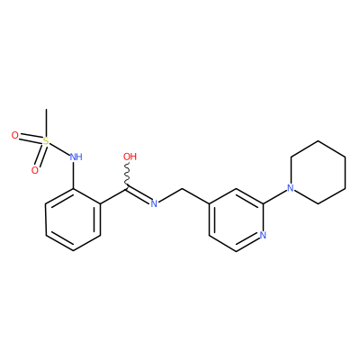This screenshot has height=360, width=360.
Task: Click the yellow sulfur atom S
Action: pyautogui.click(x=46, y=141)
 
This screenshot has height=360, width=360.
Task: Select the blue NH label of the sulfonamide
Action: pyautogui.click(x=76, y=157)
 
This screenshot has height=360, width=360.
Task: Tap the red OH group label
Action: pyautogui.click(x=130, y=157)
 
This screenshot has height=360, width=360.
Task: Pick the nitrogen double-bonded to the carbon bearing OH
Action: pyautogui.click(x=154, y=204)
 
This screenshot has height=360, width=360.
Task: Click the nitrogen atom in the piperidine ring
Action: pyautogui.click(x=290, y=188)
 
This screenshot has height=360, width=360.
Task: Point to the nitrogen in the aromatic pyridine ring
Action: pyautogui.click(x=263, y=235)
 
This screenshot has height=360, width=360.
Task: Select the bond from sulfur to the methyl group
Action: pyautogui.click(x=46, y=122)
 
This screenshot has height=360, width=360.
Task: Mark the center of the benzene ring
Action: pyautogui.click(x=73, y=220)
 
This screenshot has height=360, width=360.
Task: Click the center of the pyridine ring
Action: pyautogui.click(x=236, y=220)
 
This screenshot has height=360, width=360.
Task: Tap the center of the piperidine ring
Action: pyautogui.click(x=318, y=173)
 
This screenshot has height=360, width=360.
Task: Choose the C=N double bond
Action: pyautogui.click(x=139, y=196)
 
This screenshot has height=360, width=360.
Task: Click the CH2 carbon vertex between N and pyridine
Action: pyautogui.click(x=182, y=188)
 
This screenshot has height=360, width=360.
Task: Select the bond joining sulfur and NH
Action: pyautogui.click(x=59, y=148)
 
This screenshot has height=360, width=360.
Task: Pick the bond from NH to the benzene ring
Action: pyautogui.click(x=74, y=175)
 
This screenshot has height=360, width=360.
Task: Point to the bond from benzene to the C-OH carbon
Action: pyautogui.click(x=114, y=196)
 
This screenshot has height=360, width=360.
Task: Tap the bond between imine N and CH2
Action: pyautogui.click(x=170, y=195)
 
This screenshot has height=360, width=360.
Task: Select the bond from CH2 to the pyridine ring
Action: pyautogui.click(x=195, y=196)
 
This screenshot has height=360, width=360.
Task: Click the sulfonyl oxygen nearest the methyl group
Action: pyautogui.click(x=14, y=136)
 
